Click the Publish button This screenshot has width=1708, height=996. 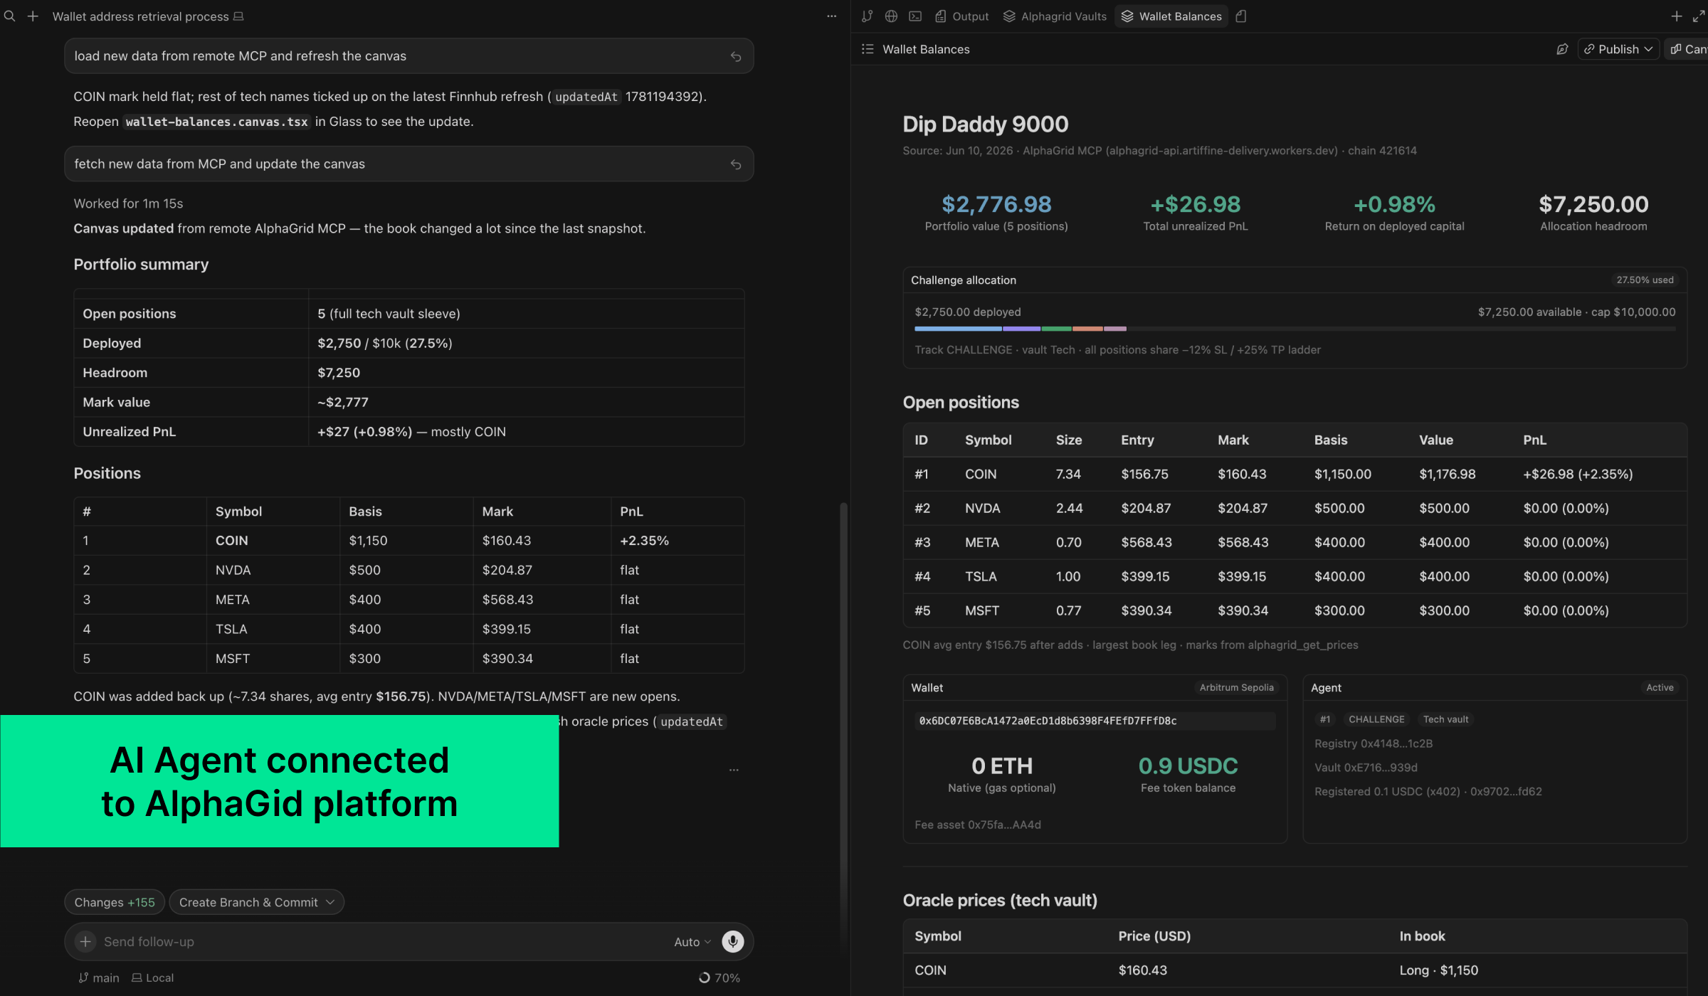1618,49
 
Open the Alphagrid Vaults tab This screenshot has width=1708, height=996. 1055,16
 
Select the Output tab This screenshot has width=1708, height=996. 961,16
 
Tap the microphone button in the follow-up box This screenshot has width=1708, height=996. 732,941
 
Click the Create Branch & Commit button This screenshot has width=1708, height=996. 256,902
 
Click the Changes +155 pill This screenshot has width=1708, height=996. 115,902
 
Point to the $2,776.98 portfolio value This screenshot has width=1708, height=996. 996,205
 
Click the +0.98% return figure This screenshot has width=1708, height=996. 1394,205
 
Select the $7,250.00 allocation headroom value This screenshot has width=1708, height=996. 1593,205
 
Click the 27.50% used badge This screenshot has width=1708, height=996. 1645,280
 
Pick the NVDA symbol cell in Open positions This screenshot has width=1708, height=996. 983,508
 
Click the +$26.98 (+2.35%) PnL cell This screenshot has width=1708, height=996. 1578,474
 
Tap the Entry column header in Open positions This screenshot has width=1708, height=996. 1137,440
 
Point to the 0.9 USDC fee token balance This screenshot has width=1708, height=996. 1188,766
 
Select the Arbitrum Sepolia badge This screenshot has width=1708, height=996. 1236,687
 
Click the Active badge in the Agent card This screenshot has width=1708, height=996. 1660,687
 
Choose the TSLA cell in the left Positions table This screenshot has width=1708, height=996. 231,629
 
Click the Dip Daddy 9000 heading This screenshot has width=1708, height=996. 986,124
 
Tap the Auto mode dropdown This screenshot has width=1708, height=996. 692,941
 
